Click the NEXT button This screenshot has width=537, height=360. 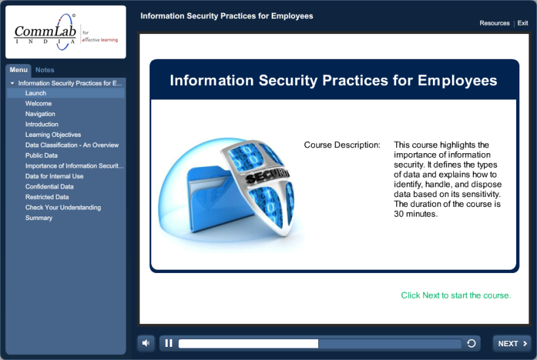[x=512, y=344]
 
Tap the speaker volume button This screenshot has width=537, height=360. [x=145, y=343]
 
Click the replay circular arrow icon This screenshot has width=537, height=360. [x=471, y=344]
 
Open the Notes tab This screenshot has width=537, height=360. [x=45, y=70]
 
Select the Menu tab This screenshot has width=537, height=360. [x=18, y=70]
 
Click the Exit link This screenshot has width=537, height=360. [x=523, y=23]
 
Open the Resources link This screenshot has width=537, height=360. [x=494, y=23]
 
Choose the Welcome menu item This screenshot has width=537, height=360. [x=39, y=103]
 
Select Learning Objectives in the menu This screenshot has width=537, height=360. [x=53, y=135]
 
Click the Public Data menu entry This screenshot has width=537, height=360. [x=41, y=156]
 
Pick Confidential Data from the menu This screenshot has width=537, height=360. [x=49, y=187]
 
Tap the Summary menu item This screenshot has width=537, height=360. [x=39, y=218]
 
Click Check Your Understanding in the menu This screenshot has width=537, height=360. [x=63, y=207]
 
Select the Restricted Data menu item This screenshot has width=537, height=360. [x=47, y=197]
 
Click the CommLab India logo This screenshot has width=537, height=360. [x=65, y=32]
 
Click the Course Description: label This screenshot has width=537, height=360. [x=342, y=145]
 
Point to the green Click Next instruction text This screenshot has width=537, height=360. [x=456, y=295]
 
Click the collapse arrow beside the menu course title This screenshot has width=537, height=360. [x=12, y=84]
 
